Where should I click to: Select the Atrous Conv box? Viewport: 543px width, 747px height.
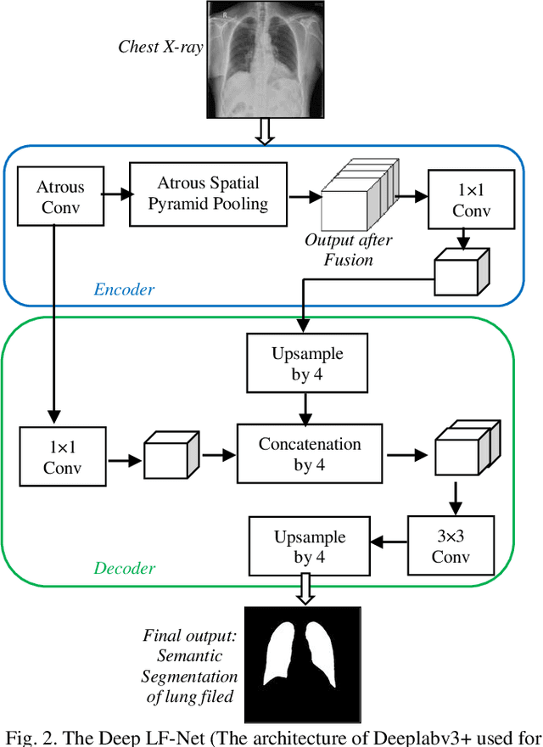click(x=60, y=196)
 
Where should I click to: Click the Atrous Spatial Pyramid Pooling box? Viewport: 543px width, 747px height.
click(x=208, y=194)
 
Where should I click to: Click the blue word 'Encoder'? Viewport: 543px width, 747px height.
click(x=124, y=289)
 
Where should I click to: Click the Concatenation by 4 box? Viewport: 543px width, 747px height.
click(x=310, y=454)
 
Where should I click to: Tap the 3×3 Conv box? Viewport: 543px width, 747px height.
click(x=450, y=547)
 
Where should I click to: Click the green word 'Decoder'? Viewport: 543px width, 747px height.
click(x=123, y=568)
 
